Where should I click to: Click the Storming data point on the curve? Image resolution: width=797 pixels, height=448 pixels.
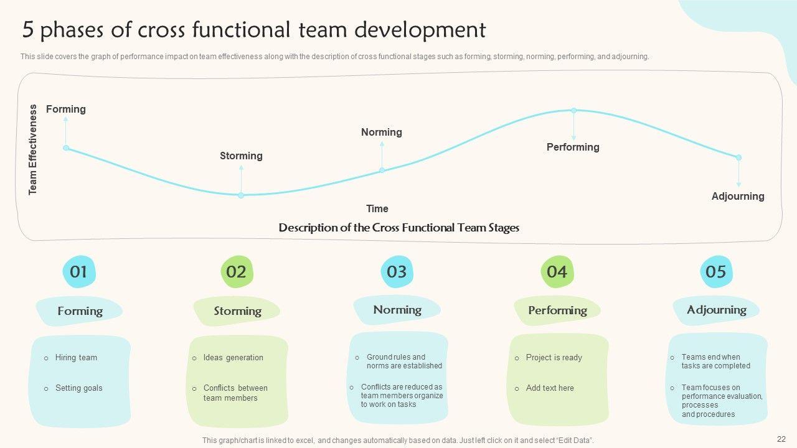241,195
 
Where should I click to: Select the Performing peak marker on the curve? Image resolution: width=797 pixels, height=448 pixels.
574,111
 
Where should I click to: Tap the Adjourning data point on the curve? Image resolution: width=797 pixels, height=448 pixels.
738,157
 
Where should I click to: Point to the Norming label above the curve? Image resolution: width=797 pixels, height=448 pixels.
381,132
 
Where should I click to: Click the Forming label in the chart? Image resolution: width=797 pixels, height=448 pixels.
66,109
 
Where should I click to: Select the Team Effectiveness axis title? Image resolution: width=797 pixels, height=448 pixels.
33,149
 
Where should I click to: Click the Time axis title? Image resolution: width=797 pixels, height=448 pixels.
377,208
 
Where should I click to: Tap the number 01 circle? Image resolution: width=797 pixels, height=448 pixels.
78,272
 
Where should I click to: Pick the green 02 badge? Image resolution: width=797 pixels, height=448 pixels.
237,272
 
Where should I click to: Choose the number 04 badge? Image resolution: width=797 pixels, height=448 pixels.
557,272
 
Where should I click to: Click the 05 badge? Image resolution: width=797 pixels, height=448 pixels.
716,272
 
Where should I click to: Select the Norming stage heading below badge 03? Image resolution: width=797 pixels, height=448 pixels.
397,310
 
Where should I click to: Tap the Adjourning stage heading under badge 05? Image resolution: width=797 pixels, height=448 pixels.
716,310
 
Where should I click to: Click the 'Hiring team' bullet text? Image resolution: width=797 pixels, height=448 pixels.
76,358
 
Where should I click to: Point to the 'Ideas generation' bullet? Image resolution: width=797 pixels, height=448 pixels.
233,358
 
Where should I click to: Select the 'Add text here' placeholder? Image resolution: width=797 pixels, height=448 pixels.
550,388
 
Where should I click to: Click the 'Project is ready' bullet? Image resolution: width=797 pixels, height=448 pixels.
554,358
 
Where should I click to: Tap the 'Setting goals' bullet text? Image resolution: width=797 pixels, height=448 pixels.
78,388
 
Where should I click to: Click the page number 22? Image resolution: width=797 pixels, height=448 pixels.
781,439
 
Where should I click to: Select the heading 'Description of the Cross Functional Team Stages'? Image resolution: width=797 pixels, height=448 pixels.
398,228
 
